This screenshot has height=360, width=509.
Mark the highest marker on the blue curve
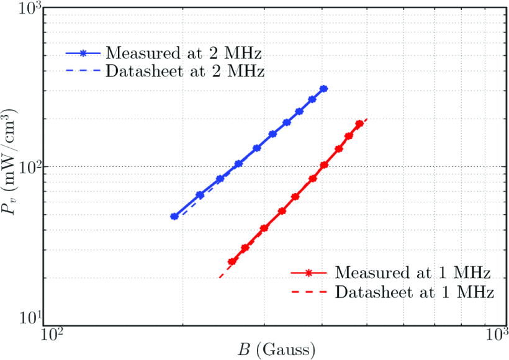click(x=323, y=89)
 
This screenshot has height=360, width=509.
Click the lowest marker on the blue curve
click(x=174, y=217)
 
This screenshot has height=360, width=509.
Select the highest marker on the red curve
click(x=359, y=124)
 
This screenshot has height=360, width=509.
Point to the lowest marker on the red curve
click(x=232, y=262)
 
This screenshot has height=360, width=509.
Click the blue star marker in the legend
click(x=83, y=52)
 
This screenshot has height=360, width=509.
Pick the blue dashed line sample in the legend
click(x=83, y=71)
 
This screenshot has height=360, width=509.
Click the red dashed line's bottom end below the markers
click(x=220, y=277)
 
